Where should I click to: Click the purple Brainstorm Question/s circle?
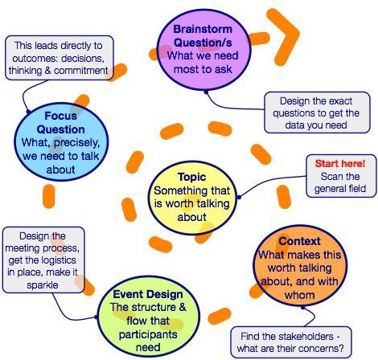tap(203, 49)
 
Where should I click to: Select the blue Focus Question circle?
tap(61, 141)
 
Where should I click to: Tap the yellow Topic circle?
tap(192, 198)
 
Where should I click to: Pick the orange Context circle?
tap(300, 266)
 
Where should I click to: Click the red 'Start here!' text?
tap(340, 163)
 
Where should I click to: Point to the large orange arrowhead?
tap(283, 37)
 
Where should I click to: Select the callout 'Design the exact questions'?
tap(317, 112)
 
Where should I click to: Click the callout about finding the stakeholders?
tap(290, 342)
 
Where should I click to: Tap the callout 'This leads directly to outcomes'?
tap(60, 58)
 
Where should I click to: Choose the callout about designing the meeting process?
tap(43, 260)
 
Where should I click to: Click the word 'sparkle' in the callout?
tap(43, 284)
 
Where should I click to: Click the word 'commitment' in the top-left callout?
tap(80, 71)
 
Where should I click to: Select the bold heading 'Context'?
tap(299, 241)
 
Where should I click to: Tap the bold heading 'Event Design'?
tap(148, 294)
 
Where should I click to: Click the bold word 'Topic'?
tap(192, 177)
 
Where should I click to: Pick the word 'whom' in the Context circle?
tap(299, 295)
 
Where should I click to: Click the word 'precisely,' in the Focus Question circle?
tap(76, 143)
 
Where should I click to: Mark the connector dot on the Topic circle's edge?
tap(239, 198)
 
